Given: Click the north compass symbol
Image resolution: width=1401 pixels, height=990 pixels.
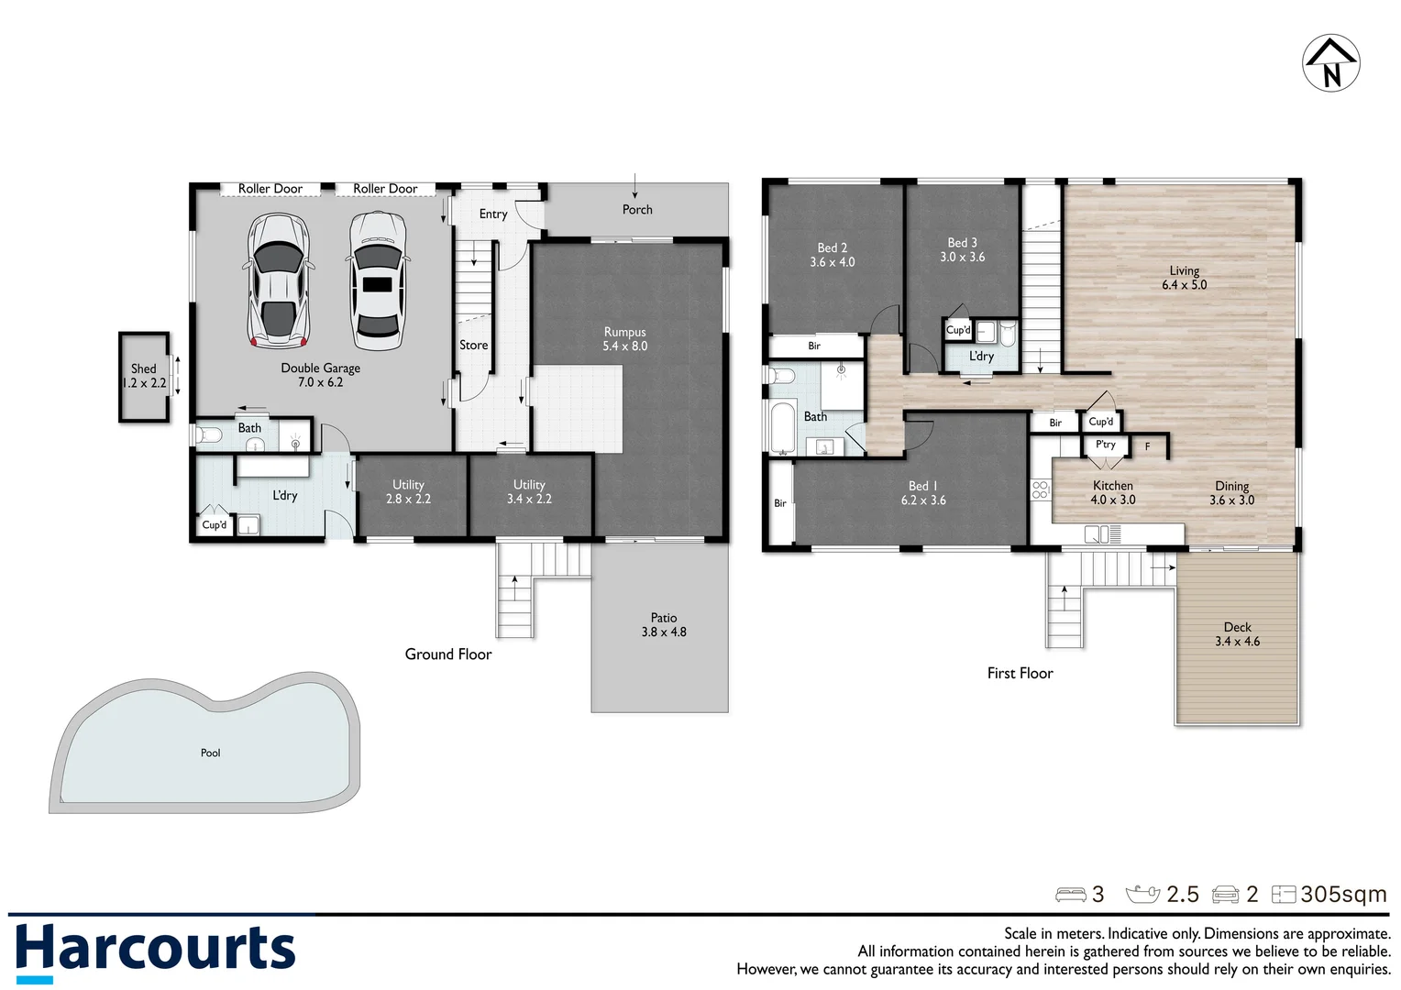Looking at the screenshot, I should (1330, 63).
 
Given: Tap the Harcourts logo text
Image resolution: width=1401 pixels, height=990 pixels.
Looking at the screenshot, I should (156, 948).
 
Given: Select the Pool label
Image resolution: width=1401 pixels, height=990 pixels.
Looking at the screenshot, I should (210, 753).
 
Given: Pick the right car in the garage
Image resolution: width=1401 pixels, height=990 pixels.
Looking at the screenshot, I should (376, 280).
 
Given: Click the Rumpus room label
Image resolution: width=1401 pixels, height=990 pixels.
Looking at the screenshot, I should (624, 339).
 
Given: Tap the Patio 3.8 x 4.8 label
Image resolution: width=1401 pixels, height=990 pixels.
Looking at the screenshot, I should (664, 625).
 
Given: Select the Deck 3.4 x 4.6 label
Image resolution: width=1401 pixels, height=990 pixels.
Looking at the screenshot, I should (1237, 634).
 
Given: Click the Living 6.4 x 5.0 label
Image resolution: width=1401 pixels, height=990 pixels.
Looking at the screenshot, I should (1184, 278).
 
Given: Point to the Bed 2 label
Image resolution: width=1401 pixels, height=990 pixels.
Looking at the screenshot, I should (832, 255).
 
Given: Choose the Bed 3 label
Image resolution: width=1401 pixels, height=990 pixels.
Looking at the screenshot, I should (962, 249).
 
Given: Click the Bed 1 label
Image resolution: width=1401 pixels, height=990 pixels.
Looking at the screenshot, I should (922, 493).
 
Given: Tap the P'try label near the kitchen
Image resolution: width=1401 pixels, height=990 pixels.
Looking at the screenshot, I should (1106, 445).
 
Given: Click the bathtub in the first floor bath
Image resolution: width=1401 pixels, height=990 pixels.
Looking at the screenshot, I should (782, 428).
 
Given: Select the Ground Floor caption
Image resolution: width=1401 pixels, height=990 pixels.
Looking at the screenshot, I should (448, 654).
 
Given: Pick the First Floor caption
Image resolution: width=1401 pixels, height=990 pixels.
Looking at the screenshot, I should (1020, 674).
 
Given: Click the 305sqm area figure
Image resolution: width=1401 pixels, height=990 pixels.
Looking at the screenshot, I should (1343, 895).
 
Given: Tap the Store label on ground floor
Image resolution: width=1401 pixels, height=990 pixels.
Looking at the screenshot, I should (473, 346).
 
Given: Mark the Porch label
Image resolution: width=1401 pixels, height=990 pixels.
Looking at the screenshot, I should (637, 210).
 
